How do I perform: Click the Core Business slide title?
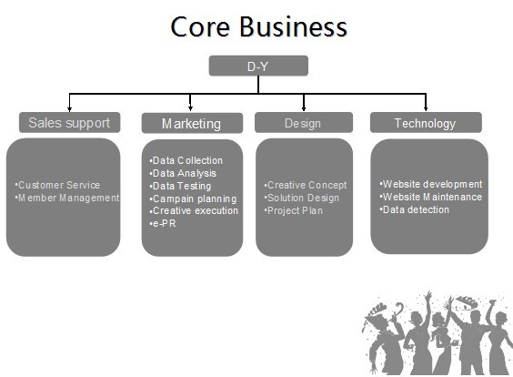point(258,26)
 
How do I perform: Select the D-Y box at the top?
point(258,66)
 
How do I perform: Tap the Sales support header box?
point(70,123)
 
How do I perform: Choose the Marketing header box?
point(192,123)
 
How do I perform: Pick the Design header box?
point(304,123)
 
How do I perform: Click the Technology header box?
point(426,123)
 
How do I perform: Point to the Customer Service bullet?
point(57,185)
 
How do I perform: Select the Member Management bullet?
point(67,198)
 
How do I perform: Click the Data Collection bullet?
point(186,160)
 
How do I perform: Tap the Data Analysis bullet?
point(183,173)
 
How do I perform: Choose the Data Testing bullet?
point(180,186)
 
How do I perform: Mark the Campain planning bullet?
point(193,199)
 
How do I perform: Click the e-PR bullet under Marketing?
point(163,224)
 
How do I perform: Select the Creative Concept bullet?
point(306,185)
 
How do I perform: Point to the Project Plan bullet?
point(294,210)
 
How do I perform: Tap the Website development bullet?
point(431,184)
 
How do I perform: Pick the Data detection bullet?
point(414,209)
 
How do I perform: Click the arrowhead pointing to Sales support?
point(69,109)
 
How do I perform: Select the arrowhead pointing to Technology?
point(426,108)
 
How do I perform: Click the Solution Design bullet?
point(302,198)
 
